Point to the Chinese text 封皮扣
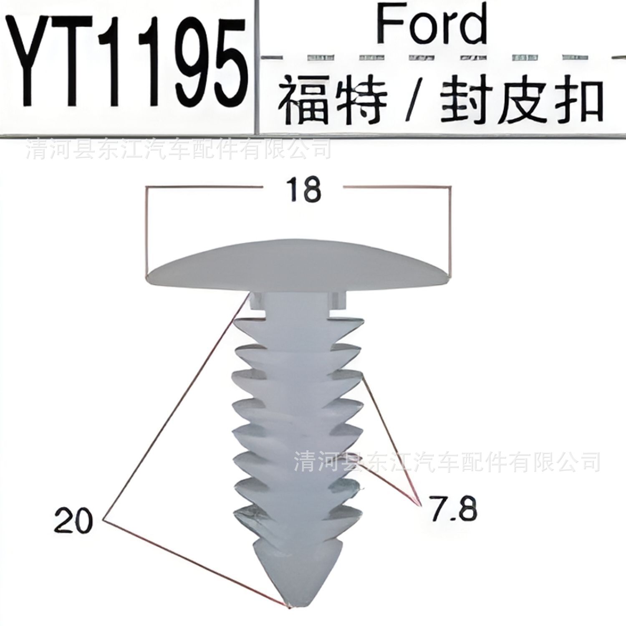pos(522,100)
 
